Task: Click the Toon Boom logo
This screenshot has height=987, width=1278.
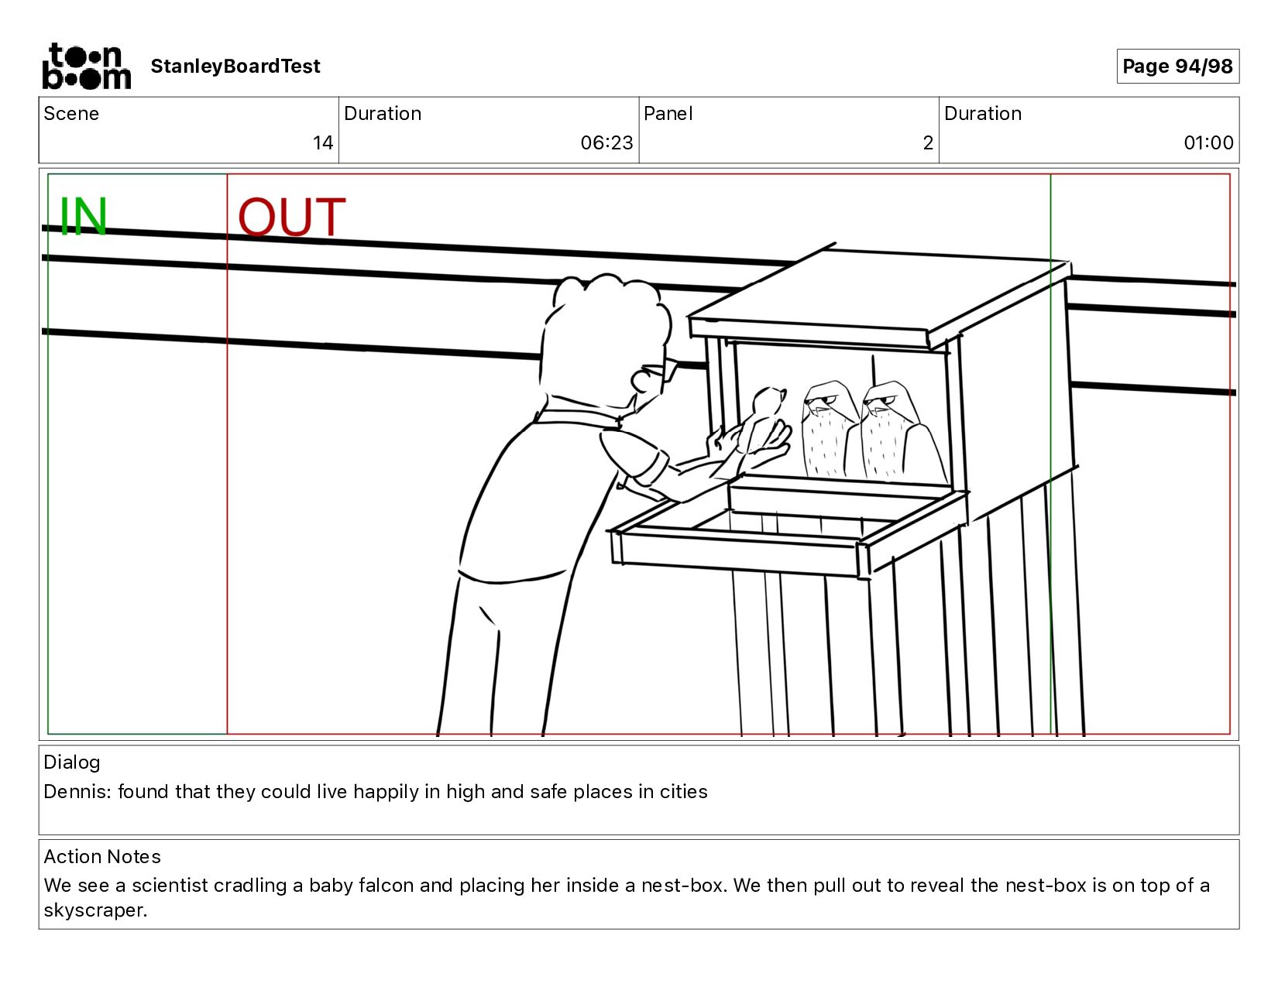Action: click(x=87, y=67)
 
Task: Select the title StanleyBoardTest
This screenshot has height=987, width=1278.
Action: click(x=235, y=66)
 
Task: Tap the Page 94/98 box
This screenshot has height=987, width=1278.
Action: click(x=1177, y=66)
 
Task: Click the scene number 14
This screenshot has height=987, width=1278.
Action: click(x=323, y=142)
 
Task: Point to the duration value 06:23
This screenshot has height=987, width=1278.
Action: click(x=606, y=142)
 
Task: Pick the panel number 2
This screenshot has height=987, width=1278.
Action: click(x=928, y=142)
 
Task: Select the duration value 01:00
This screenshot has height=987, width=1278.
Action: click(x=1208, y=142)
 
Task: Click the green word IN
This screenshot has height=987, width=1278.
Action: click(x=83, y=216)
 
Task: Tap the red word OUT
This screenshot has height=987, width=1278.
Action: click(x=292, y=216)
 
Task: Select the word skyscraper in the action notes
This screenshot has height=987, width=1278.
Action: click(x=94, y=910)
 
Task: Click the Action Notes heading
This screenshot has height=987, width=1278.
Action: click(x=102, y=856)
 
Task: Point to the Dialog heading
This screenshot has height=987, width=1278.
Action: click(x=72, y=763)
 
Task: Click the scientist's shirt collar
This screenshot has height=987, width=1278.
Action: click(x=579, y=414)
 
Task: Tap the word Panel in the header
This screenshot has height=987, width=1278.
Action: click(x=668, y=113)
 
